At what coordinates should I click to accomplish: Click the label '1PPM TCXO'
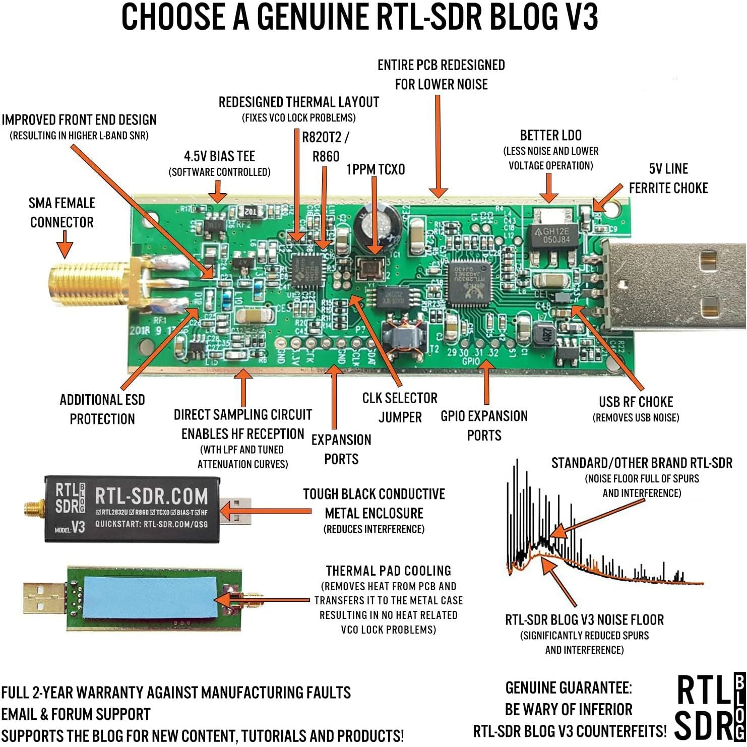tap(376, 169)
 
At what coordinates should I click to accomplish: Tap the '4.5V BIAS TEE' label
tap(219, 156)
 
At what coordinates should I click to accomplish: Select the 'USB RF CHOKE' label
tap(636, 402)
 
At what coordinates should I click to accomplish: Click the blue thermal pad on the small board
tap(149, 597)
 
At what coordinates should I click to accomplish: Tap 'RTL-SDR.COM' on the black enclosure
tap(151, 496)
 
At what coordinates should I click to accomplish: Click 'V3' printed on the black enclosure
tap(78, 527)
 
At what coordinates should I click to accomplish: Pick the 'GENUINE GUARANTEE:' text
tap(569, 688)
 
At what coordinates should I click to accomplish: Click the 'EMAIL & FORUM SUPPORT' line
tap(76, 714)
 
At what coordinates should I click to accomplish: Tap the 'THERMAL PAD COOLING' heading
tap(388, 571)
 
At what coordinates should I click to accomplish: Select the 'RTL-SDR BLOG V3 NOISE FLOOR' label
tap(584, 619)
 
